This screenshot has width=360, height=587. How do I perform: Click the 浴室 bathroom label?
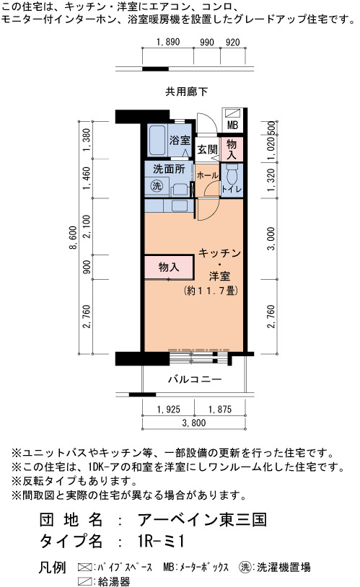(x=180, y=141)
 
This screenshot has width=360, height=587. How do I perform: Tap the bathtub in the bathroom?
(x=157, y=141)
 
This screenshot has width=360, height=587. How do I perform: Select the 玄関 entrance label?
(x=207, y=150)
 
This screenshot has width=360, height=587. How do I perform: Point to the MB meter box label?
(x=232, y=125)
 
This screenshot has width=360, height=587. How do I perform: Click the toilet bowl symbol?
(x=232, y=174)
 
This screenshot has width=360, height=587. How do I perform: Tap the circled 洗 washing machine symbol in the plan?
(x=157, y=185)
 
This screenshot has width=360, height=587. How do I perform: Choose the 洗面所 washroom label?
(x=169, y=169)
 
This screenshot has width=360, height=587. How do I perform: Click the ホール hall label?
(x=207, y=175)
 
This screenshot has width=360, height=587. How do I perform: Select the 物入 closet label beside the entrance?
(x=232, y=149)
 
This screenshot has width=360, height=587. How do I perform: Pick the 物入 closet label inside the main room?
(x=169, y=267)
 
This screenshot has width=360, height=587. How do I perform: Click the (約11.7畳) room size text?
(x=211, y=291)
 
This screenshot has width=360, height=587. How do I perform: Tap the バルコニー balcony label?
(x=195, y=379)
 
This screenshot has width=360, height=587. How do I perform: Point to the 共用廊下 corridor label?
(x=187, y=92)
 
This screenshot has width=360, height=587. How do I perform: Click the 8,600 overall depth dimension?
(x=74, y=237)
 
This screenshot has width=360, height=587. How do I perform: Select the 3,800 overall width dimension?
(x=194, y=423)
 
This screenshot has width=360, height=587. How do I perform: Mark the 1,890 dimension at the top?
(x=168, y=42)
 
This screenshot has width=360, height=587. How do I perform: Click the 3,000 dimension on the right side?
(x=271, y=239)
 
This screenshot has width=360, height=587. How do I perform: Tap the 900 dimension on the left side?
(x=87, y=267)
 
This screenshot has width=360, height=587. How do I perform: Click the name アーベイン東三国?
(x=202, y=520)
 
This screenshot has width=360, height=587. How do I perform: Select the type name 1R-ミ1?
(x=161, y=541)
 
